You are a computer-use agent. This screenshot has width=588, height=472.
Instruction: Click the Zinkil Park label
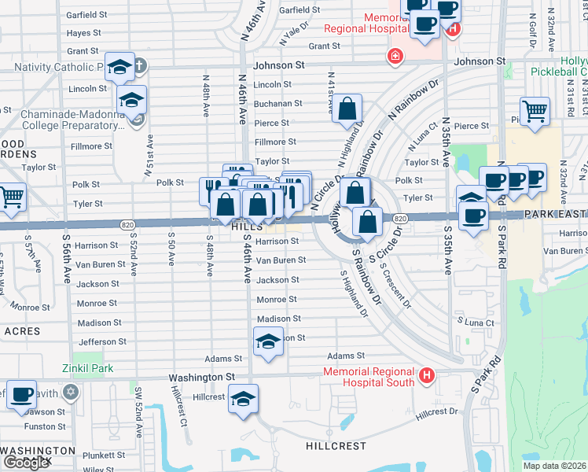coord(88,368)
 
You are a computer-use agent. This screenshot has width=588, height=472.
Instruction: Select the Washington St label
coord(201,378)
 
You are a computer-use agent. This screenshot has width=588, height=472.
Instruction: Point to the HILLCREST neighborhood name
coord(336,446)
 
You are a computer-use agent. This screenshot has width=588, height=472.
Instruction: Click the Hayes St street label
coord(84,33)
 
